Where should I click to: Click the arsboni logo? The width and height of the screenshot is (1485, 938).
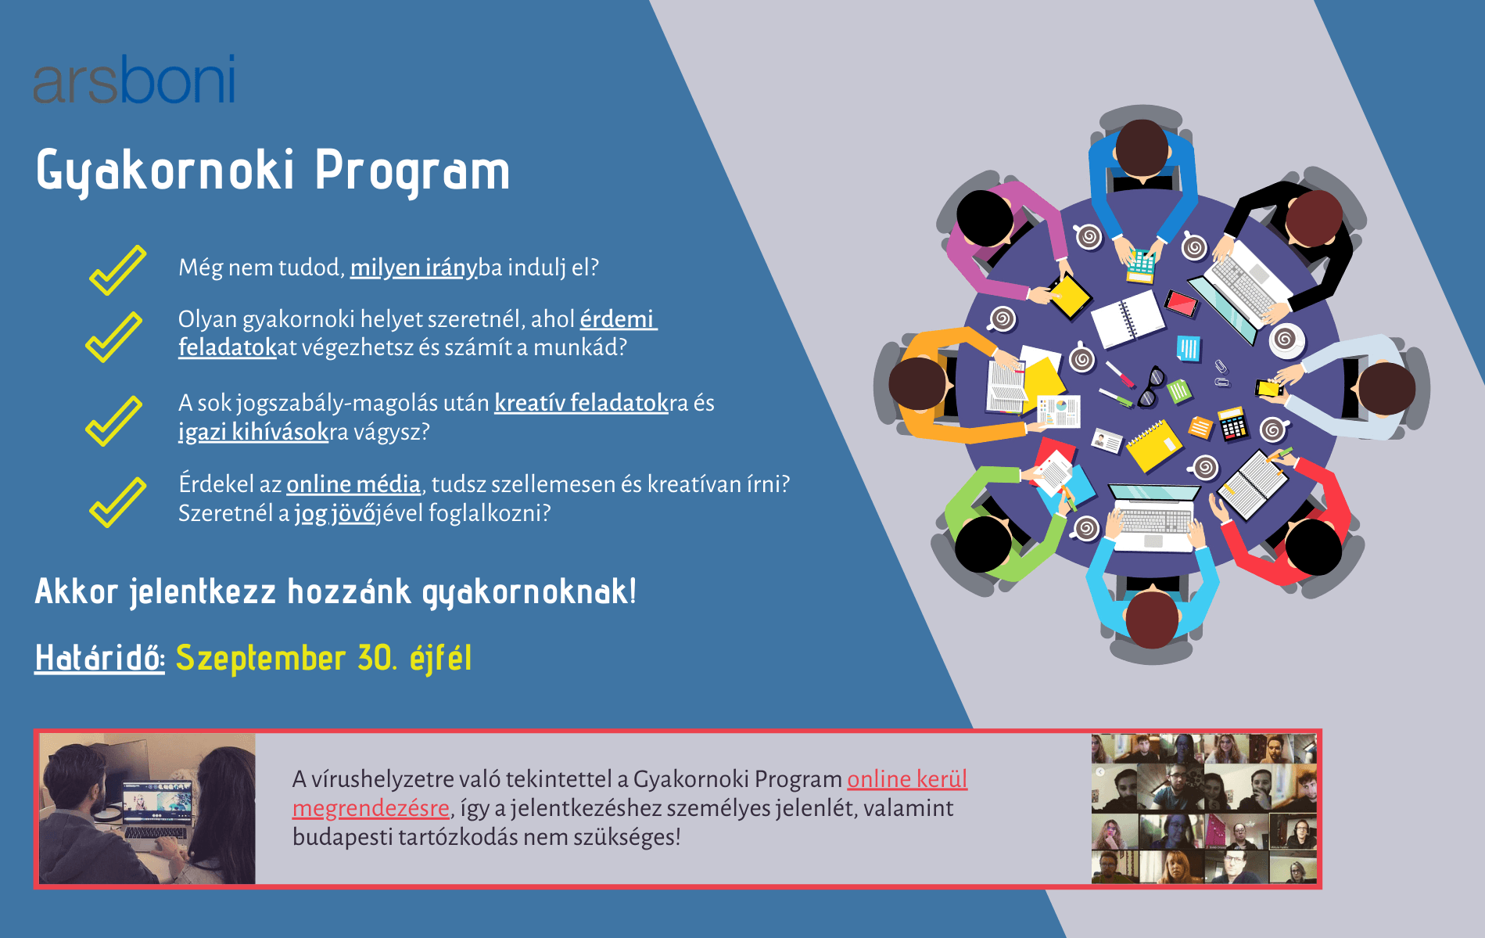click(x=134, y=80)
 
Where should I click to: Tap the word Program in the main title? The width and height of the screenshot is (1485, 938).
click(x=412, y=171)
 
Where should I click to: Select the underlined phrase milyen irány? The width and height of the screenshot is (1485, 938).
click(x=413, y=268)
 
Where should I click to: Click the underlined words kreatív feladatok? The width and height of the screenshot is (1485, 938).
click(x=581, y=403)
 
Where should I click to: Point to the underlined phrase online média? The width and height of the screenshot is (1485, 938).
click(x=353, y=484)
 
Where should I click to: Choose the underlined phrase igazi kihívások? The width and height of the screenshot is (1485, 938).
click(x=253, y=432)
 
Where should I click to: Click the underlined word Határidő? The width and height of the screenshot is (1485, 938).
click(x=99, y=658)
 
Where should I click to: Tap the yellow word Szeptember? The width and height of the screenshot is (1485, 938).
click(x=260, y=658)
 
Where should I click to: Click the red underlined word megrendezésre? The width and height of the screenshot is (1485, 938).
click(x=371, y=808)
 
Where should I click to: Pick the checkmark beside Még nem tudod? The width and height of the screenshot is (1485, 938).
click(x=117, y=270)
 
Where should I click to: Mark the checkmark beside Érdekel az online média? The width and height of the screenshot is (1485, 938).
click(x=117, y=502)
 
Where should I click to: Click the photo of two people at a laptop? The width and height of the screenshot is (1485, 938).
click(x=147, y=809)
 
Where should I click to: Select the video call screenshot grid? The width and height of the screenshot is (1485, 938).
click(x=1204, y=809)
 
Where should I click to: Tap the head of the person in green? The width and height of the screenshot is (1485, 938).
click(x=983, y=544)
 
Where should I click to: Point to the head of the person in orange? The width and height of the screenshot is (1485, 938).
click(x=917, y=383)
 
